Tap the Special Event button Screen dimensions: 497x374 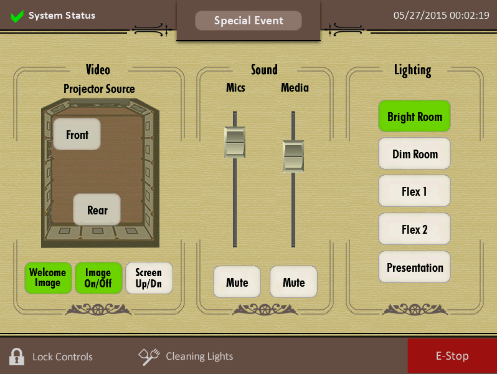(249, 21)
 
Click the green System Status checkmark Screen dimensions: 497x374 (17, 16)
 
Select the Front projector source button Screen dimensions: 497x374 (77, 135)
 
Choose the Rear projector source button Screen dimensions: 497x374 (97, 210)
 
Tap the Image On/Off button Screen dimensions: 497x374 (98, 278)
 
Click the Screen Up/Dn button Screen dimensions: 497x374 (148, 278)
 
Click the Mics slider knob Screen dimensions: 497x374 (235, 142)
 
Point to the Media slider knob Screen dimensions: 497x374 (293, 156)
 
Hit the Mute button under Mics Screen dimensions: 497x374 (237, 282)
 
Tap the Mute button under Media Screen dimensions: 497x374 (293, 282)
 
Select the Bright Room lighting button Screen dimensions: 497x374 (414, 117)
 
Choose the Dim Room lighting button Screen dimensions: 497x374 (414, 154)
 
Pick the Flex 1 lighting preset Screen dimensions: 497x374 (414, 191)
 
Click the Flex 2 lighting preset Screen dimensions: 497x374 (414, 229)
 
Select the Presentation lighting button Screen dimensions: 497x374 (414, 267)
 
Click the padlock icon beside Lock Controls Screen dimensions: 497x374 (17, 357)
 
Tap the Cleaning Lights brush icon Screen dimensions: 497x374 (149, 356)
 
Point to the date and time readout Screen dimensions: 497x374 (441, 16)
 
